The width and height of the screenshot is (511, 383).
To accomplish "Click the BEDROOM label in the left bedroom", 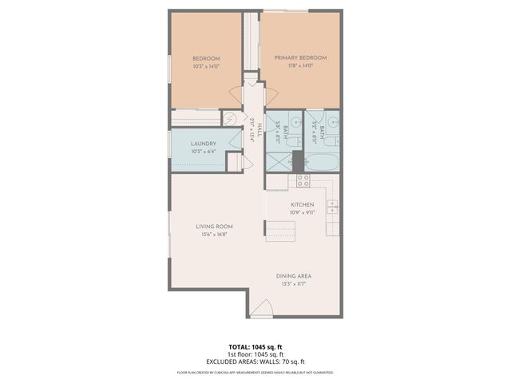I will pyautogui.click(x=206, y=59).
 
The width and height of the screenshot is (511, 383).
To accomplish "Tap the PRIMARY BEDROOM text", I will pyautogui.click(x=300, y=58).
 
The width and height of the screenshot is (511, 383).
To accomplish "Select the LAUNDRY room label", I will pyautogui.click(x=204, y=144).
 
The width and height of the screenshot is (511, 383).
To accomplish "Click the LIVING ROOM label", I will pyautogui.click(x=213, y=227).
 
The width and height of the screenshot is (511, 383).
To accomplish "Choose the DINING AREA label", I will pyautogui.click(x=295, y=276).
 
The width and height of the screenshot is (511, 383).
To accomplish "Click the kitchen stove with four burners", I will pyautogui.click(x=303, y=180).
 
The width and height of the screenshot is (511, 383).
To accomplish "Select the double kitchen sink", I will pyautogui.click(x=331, y=208).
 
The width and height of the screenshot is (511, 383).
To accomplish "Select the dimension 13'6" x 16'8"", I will pyautogui.click(x=213, y=235).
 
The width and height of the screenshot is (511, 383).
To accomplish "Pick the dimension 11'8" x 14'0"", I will pyautogui.click(x=300, y=66).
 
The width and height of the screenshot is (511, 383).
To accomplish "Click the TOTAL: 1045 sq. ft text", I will pyautogui.click(x=255, y=347).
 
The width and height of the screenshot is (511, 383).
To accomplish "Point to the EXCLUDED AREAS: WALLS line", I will pyautogui.click(x=255, y=361).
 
